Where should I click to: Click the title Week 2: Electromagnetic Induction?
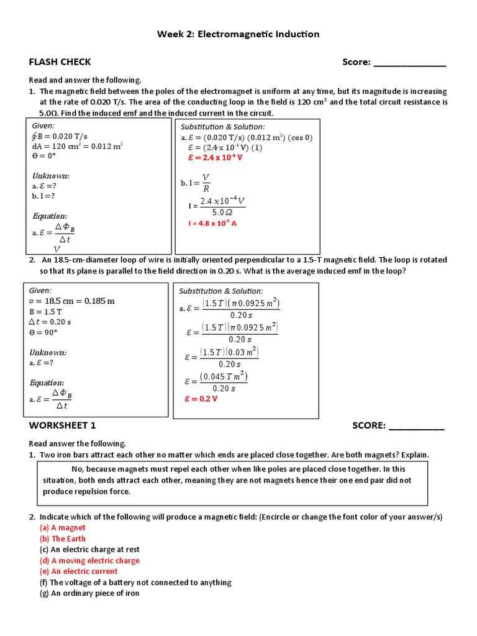238,34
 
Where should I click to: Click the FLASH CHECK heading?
60,61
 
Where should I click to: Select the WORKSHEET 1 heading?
62,425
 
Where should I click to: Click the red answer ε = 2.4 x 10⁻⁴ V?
215,158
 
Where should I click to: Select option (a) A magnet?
68,527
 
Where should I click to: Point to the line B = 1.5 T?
46,312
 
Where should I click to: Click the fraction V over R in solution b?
206,183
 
